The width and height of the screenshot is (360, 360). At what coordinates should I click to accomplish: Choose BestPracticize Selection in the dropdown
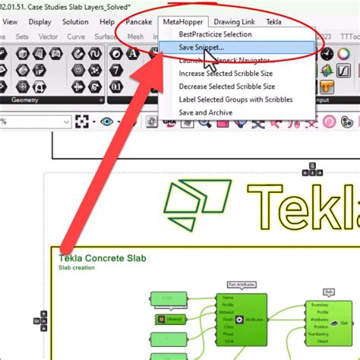point(215,35)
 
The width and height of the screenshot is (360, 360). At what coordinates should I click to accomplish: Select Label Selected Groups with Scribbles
point(236,99)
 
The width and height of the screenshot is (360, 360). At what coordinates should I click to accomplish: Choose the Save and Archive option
point(206,112)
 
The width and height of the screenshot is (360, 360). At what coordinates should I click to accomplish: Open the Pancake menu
point(139,22)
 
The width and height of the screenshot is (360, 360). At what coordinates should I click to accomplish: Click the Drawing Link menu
point(235,22)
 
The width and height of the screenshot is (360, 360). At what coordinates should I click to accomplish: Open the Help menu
point(107,22)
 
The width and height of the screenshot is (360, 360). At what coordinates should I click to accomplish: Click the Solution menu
point(75,22)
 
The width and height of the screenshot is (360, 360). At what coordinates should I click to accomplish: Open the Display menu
point(39,22)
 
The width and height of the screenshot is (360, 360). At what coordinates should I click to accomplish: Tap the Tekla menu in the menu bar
point(273,22)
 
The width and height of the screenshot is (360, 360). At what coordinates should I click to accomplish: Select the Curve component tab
point(77,36)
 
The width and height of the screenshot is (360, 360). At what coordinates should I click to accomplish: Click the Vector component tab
point(49,36)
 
